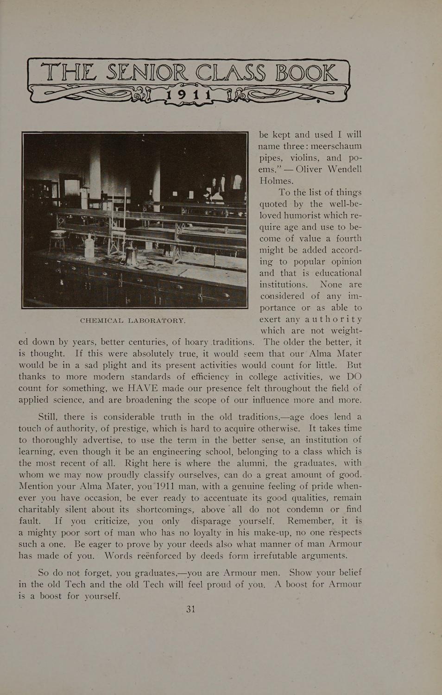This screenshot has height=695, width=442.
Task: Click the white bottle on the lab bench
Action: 88,242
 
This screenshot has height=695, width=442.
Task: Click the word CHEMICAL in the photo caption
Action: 101,320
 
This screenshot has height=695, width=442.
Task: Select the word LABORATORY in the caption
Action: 157,320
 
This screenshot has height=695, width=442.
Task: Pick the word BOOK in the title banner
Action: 305,74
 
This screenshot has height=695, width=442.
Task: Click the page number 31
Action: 191,609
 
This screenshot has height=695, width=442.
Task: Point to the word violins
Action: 308,158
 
